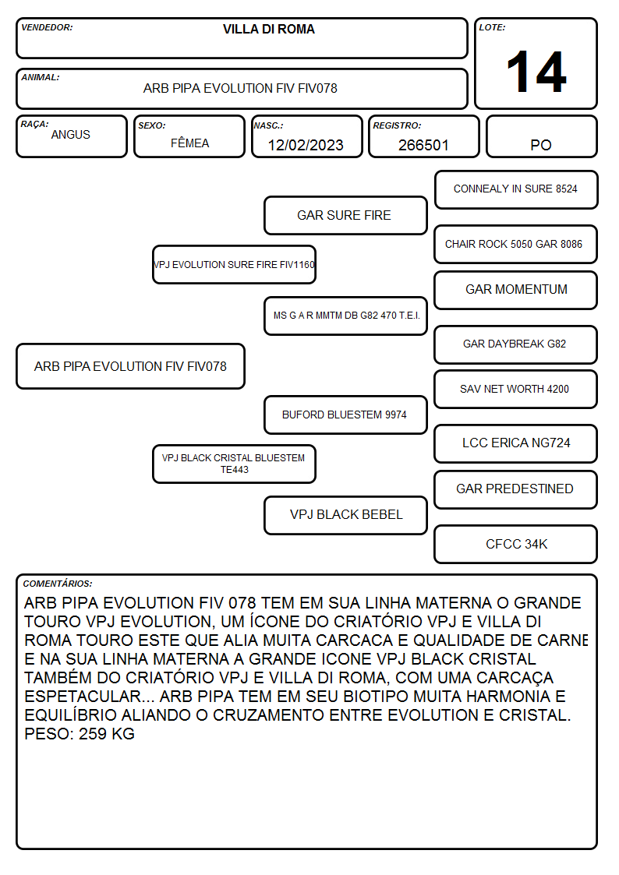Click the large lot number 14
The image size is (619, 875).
[x=536, y=72]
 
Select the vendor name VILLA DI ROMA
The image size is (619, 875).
[x=268, y=29]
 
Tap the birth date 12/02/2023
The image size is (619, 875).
[x=306, y=145]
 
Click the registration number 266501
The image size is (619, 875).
[x=423, y=145]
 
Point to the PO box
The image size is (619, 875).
[x=541, y=136]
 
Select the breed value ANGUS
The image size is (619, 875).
[x=71, y=135]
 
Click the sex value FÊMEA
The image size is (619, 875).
[x=189, y=143]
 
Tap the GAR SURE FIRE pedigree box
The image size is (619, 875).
[x=345, y=215]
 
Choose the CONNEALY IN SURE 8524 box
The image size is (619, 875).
[x=516, y=190]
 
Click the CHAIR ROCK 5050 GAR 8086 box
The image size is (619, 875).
[x=516, y=245]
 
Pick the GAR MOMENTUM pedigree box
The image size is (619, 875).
[x=516, y=290]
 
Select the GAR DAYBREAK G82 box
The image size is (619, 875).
[x=516, y=344]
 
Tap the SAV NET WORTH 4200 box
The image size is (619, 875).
[x=516, y=390]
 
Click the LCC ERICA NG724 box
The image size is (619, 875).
[x=516, y=443]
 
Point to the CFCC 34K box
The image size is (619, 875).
[x=516, y=544]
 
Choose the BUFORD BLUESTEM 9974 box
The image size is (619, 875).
[x=345, y=415]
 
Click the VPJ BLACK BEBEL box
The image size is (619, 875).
[x=345, y=515]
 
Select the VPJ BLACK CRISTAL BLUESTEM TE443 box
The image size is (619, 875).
[x=235, y=464]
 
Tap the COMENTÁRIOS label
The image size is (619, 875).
[x=58, y=584]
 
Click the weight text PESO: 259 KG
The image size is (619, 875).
[x=80, y=734]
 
